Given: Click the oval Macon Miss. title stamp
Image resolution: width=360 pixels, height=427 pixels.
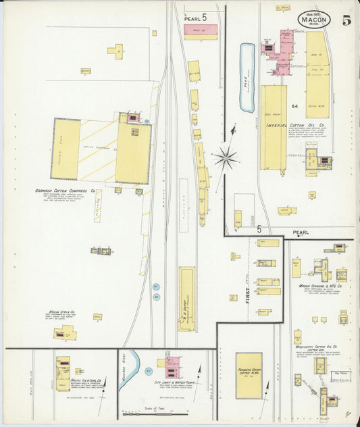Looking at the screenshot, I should coord(314,19).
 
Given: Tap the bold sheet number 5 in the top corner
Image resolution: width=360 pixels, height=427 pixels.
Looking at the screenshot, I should coord(346,20).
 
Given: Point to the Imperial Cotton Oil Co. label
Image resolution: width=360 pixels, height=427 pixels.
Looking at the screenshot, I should coord(296,125).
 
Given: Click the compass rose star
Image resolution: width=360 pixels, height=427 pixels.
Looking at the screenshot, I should coord(225,159).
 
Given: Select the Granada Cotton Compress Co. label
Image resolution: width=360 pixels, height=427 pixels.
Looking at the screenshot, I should coord(66,191).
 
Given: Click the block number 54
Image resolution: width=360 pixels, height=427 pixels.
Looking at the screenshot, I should coord(294,107).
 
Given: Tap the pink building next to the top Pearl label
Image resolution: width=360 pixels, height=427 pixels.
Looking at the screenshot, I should coord(201,31).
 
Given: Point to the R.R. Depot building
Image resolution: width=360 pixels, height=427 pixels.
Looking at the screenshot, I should coord(186,298).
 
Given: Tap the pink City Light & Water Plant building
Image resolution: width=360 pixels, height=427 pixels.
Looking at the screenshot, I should coord(172,365).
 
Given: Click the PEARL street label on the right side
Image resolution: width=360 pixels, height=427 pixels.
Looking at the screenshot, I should coord(301,232).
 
